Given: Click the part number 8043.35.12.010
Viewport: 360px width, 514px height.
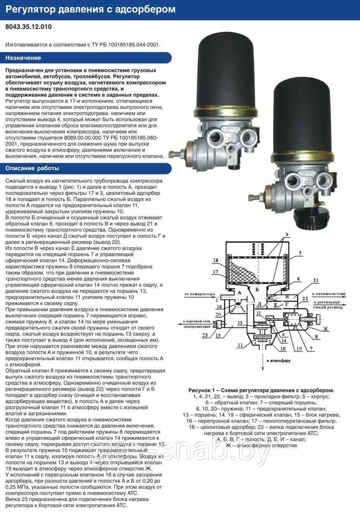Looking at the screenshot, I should point(29,27).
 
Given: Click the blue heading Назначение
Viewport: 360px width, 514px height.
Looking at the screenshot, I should point(23,58).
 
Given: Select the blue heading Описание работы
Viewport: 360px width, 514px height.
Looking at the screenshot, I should point(32,168).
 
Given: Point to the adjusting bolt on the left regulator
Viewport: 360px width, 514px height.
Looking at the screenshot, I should point(176,154).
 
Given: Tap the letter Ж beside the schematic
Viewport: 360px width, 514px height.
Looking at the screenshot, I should point(326,329).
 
